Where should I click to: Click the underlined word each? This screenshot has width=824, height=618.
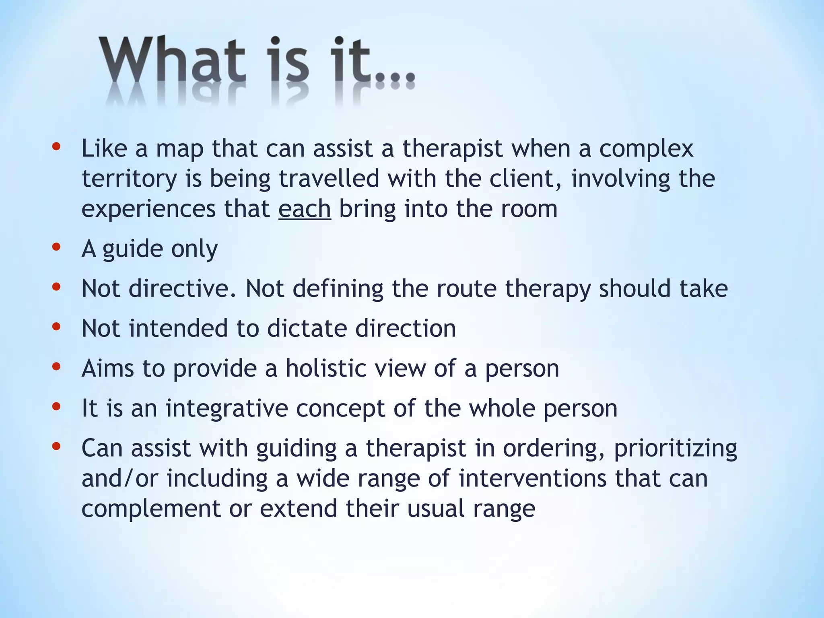[305, 209]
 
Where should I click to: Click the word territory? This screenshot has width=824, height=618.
[129, 179]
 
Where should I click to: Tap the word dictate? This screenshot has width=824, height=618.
[307, 328]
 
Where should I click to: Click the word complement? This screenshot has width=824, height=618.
[150, 509]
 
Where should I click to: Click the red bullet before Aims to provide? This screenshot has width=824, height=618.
[56, 366]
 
